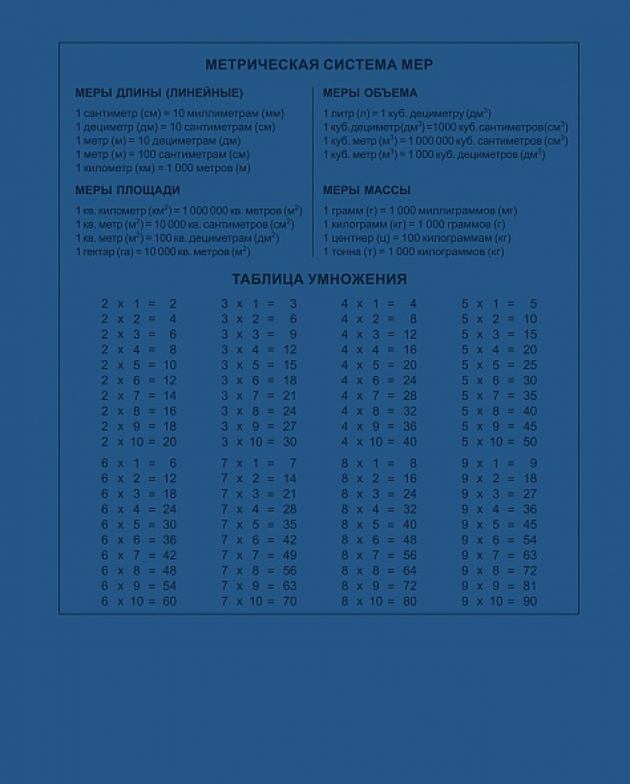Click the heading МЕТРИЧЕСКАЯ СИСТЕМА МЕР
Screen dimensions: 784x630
[x=318, y=65]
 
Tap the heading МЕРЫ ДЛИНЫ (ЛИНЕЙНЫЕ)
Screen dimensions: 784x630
[x=159, y=93]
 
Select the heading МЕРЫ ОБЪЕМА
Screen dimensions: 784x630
[x=370, y=93]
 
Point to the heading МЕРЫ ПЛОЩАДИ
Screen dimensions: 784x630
[x=127, y=190]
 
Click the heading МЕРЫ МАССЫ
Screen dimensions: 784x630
[x=367, y=190]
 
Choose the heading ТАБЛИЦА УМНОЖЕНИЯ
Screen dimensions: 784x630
[x=319, y=279]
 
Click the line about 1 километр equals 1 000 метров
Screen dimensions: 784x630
[x=163, y=168]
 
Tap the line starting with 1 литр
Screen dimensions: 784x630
[x=407, y=113]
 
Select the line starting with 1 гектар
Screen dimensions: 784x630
[x=163, y=251]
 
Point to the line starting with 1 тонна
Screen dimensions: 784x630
[x=413, y=251]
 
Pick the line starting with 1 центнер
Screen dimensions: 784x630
[x=416, y=238]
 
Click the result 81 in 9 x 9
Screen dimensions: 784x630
[x=530, y=586]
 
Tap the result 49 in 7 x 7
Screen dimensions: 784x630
[x=290, y=555]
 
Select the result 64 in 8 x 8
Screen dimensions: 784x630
[x=409, y=570]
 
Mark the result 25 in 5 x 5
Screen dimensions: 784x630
[x=530, y=365]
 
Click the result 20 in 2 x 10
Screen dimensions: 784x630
[x=170, y=442]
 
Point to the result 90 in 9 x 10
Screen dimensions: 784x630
[x=530, y=601]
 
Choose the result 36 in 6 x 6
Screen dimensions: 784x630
[x=170, y=539]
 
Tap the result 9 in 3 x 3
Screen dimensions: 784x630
[x=293, y=334]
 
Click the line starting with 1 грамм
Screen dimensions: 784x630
[x=419, y=211]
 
